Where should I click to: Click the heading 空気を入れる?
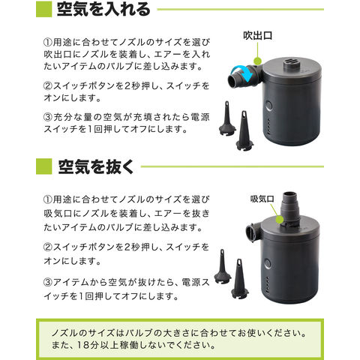pyautogui.click(x=103, y=9)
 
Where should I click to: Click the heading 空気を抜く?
pyautogui.click(x=96, y=166)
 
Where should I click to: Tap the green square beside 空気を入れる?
pyautogui.click(x=43, y=9)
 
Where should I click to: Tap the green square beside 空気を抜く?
pyautogui.click(x=44, y=166)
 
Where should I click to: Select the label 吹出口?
pyautogui.click(x=258, y=35)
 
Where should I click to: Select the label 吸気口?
pyautogui.click(x=262, y=199)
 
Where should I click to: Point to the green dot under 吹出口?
pyautogui.click(x=257, y=61)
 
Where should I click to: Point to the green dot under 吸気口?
pyautogui.click(x=280, y=220)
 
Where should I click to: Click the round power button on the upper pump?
pyautogui.click(x=268, y=106)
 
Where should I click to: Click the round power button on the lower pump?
pyautogui.click(x=267, y=264)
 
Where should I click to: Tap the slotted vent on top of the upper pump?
pyautogui.click(x=289, y=64)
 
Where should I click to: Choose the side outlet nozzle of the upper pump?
pyautogui.click(x=243, y=76)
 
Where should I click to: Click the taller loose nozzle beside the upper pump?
pyautogui.click(x=244, y=130)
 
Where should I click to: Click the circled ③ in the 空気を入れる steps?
pyautogui.click(x=48, y=117)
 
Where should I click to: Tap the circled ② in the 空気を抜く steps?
pyautogui.click(x=48, y=247)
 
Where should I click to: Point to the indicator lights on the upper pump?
pyautogui.click(x=268, y=127)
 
